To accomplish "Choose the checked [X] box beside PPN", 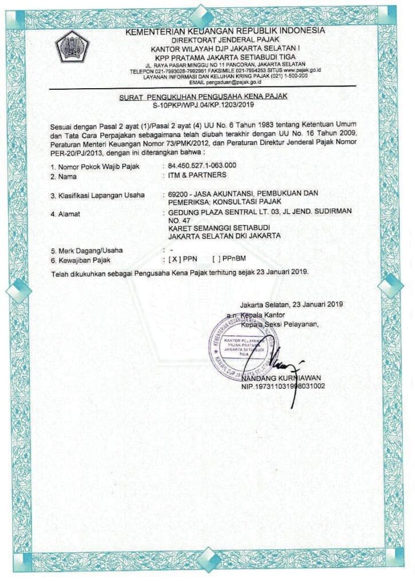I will click(x=174, y=259).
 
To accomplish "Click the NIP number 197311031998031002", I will click(x=284, y=386).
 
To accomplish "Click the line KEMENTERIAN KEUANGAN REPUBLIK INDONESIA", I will click(x=225, y=30).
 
